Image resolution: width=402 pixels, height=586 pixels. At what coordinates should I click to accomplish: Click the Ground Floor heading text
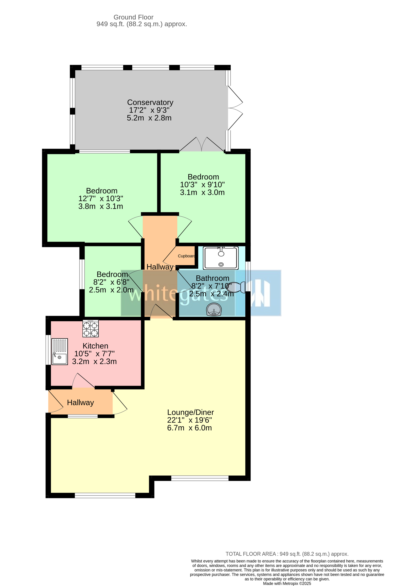pyautogui.click(x=133, y=17)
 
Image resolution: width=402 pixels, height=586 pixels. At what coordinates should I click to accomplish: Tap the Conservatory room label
pyautogui.click(x=150, y=102)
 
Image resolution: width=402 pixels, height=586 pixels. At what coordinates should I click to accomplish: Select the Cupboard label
pyautogui.click(x=187, y=256)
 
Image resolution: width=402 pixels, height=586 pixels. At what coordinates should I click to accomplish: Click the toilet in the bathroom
pyautogui.click(x=237, y=287)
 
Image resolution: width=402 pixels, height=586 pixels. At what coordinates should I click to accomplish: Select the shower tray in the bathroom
pyautogui.click(x=221, y=258)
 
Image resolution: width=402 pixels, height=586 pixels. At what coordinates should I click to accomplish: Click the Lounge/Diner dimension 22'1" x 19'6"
pyautogui.click(x=189, y=420)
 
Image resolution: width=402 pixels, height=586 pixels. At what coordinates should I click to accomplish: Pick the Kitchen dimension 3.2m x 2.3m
pyautogui.click(x=94, y=362)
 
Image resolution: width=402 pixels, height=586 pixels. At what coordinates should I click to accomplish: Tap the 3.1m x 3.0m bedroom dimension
pyautogui.click(x=202, y=192)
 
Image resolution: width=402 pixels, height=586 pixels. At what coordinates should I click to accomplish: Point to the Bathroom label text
pyautogui.click(x=213, y=278)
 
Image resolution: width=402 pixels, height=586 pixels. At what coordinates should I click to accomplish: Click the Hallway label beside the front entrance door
pyautogui.click(x=80, y=402)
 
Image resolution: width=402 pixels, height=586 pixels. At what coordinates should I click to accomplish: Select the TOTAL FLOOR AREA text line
pyautogui.click(x=287, y=554)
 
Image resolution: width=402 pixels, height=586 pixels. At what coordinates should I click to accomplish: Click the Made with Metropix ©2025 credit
pyautogui.click(x=287, y=583)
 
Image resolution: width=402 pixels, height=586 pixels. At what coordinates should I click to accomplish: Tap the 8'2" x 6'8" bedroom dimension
pyautogui.click(x=111, y=282)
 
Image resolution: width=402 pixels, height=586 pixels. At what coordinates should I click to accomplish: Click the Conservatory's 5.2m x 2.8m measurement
pyautogui.click(x=149, y=118)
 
